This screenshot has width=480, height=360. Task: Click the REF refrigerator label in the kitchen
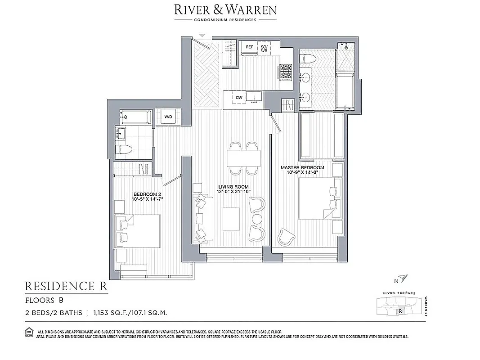[249, 47]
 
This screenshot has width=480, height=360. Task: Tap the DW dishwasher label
[239, 97]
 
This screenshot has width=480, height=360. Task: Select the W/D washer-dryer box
[168, 117]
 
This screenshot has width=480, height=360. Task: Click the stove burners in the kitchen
[286, 72]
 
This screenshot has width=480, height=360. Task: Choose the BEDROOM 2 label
[144, 196]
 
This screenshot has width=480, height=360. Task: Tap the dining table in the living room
[243, 158]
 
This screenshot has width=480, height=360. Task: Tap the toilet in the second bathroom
[124, 149]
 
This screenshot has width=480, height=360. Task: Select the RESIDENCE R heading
[66, 286]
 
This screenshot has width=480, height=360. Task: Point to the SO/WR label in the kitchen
[265, 49]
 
